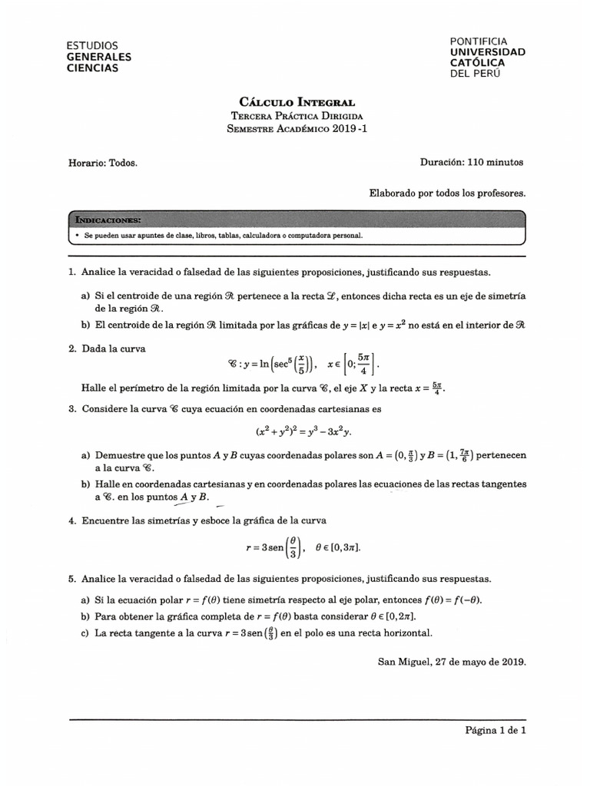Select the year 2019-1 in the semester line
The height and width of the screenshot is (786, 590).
pos(350,129)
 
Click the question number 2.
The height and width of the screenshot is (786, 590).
pos(71,348)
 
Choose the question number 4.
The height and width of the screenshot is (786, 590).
pos(71,520)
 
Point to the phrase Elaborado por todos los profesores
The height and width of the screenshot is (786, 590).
pos(448,194)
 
